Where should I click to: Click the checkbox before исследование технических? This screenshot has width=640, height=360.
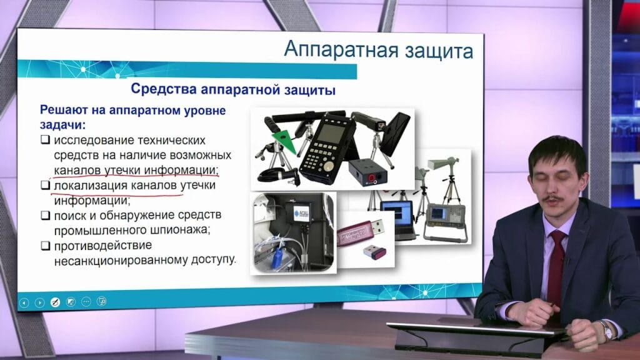(45, 139)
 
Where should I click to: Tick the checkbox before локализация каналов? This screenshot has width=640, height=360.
(45, 186)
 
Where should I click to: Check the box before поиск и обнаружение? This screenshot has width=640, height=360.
(45, 216)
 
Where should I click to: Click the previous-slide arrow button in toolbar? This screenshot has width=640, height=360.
(24, 302)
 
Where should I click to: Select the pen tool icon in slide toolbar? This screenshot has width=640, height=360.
(55, 302)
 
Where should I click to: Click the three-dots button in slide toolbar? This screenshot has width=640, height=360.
(86, 302)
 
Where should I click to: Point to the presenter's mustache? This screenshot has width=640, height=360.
(552, 199)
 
